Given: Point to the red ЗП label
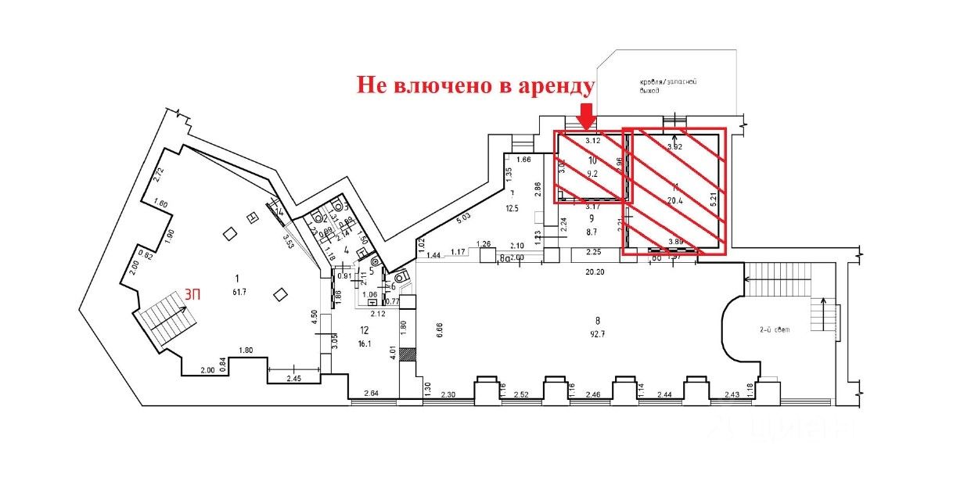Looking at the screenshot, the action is click(192, 295).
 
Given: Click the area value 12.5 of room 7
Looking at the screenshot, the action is click(512, 208).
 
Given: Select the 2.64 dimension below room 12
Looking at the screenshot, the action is click(372, 394).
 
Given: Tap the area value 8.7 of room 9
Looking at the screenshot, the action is click(592, 233).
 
